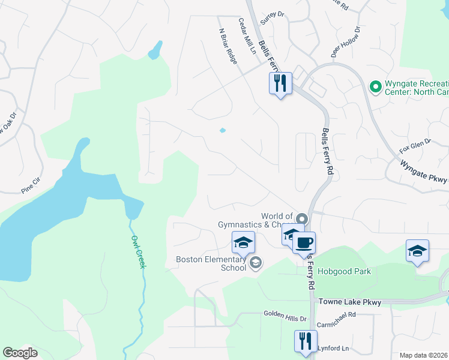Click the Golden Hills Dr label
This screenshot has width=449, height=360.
pyautogui.click(x=285, y=314)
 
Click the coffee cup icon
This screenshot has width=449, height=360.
pyautogui.click(x=304, y=243)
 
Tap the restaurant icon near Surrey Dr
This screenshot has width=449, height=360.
pyautogui.click(x=280, y=83)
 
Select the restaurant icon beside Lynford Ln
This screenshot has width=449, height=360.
pyautogui.click(x=304, y=341)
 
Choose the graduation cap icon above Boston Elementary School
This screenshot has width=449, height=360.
pyautogui.click(x=244, y=242)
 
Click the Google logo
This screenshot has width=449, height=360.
pyautogui.click(x=20, y=353)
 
